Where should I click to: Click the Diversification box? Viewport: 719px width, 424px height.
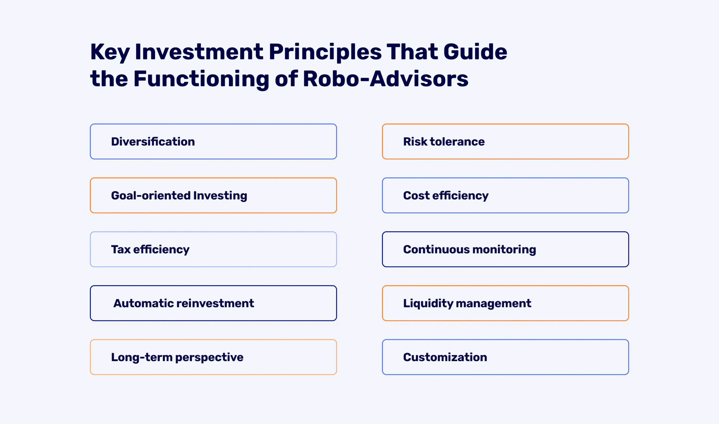213,142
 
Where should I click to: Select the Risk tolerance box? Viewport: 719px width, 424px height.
505,142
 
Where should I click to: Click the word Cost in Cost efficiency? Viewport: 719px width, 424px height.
416,196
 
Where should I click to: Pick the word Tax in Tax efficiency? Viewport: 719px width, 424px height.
120,249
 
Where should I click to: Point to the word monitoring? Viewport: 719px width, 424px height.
505,249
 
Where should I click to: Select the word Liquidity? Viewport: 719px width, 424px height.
428,304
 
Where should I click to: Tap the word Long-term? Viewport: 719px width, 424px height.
142,357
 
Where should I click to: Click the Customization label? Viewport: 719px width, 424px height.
445,357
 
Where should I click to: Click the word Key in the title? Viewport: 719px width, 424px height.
110,52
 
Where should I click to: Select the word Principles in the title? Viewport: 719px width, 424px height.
325,52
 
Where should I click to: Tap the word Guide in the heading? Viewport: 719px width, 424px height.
475,52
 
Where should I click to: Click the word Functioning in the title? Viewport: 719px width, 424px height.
201,79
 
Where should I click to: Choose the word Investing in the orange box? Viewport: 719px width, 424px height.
220,196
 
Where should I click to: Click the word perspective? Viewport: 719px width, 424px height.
209,357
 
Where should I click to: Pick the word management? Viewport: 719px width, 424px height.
493,304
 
